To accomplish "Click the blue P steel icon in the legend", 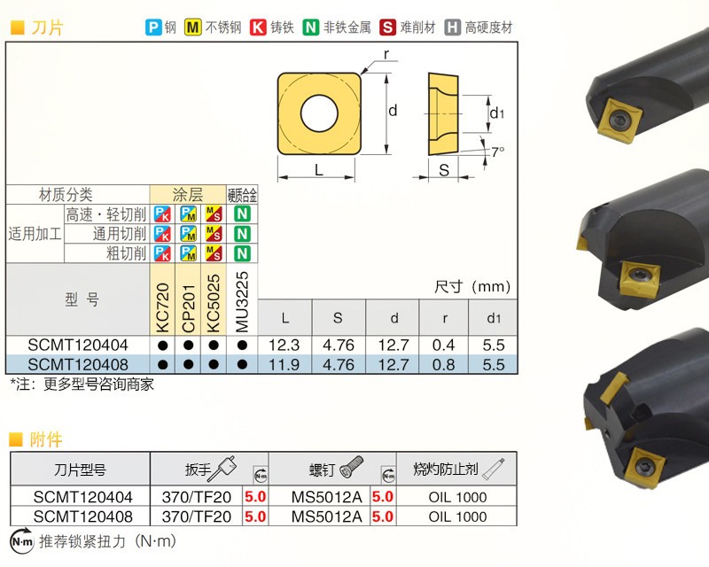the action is pos(153,27).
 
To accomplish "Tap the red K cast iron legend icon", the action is pos(258,27).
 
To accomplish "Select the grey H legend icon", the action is pos(452,27).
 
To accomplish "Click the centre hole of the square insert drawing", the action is pos(319,113).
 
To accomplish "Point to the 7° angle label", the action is pos(497,151).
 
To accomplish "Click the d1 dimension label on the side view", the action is pos(496,113).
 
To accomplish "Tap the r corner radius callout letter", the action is pos(386,55).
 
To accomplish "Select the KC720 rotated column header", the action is pos(162,307).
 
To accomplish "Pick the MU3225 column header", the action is pos(242,301).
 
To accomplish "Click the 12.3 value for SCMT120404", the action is pos(284,346).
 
